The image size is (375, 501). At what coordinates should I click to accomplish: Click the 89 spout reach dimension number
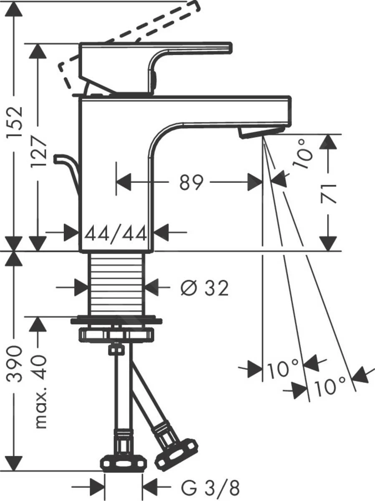191,182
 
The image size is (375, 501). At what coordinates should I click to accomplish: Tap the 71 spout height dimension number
329,192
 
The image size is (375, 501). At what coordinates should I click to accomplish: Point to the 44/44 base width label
116,234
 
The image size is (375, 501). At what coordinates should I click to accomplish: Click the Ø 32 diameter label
204,288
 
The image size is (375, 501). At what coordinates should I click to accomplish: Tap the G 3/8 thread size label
211,487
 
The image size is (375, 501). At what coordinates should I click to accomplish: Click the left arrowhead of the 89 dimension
123,182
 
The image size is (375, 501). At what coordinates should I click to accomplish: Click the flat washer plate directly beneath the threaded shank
117,321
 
